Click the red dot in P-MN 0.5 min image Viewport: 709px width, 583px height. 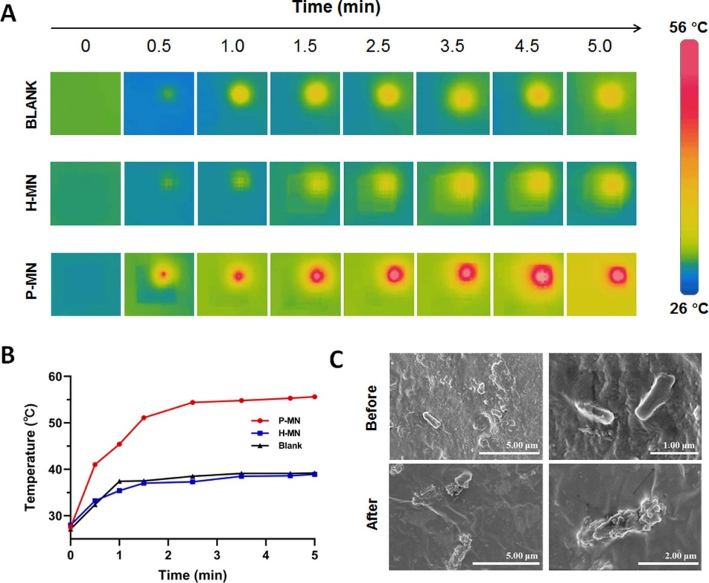(x=163, y=274)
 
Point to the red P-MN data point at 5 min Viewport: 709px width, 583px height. (x=315, y=397)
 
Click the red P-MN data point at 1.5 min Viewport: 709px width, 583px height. (x=144, y=417)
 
